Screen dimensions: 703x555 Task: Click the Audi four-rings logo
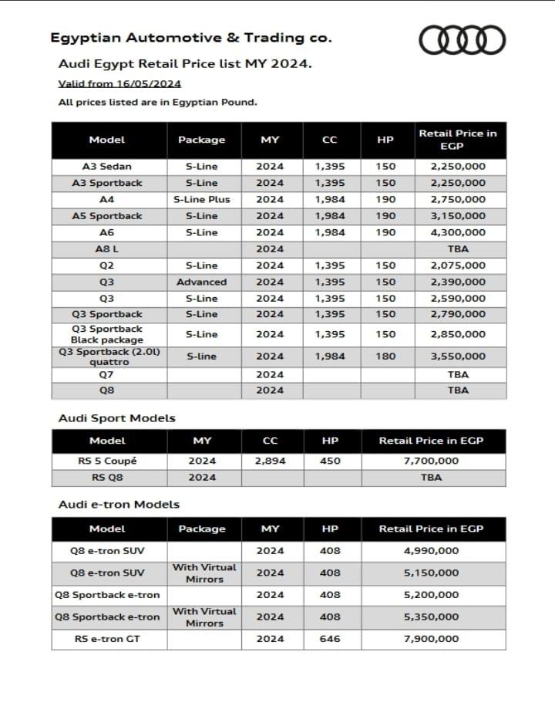point(462,38)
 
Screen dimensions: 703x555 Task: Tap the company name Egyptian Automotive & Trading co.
point(191,37)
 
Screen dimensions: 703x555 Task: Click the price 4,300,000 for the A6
point(458,232)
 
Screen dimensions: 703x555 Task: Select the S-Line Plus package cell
point(202,199)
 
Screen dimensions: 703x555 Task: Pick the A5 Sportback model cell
point(107,216)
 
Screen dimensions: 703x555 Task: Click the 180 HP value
point(385,357)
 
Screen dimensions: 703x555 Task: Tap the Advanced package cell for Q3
point(202,282)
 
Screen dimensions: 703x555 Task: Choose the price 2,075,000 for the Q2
point(458,265)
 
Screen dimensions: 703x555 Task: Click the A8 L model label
point(107,249)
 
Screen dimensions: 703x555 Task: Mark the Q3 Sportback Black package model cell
point(107,334)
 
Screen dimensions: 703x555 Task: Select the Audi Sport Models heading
point(117,418)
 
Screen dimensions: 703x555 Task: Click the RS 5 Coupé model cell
point(107,461)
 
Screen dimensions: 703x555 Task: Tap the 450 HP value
point(330,461)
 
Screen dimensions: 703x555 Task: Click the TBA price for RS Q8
point(431,477)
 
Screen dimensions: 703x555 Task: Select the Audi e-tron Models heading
point(119,504)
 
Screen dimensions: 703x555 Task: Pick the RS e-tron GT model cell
point(107,639)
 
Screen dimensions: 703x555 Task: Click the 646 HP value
point(330,639)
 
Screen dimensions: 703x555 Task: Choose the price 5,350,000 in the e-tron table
point(431,617)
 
